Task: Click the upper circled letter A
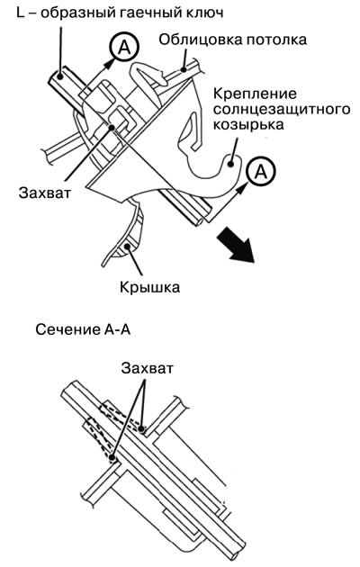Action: (x=125, y=47)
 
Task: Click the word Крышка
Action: (x=149, y=287)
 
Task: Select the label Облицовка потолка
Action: (x=233, y=40)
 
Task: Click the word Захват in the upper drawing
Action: (x=45, y=193)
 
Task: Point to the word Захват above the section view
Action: (x=148, y=368)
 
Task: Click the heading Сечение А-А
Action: (x=83, y=330)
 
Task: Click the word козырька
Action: (x=248, y=125)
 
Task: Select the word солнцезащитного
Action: (x=282, y=109)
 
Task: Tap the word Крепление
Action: (x=255, y=94)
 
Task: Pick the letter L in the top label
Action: (x=21, y=13)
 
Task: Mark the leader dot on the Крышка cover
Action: (x=127, y=247)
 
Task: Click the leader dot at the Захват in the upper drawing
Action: (x=112, y=128)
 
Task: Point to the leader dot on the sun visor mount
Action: (x=230, y=165)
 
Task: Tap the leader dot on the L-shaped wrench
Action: (x=60, y=76)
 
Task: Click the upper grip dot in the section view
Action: (x=142, y=429)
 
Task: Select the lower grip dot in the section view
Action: (x=112, y=458)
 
